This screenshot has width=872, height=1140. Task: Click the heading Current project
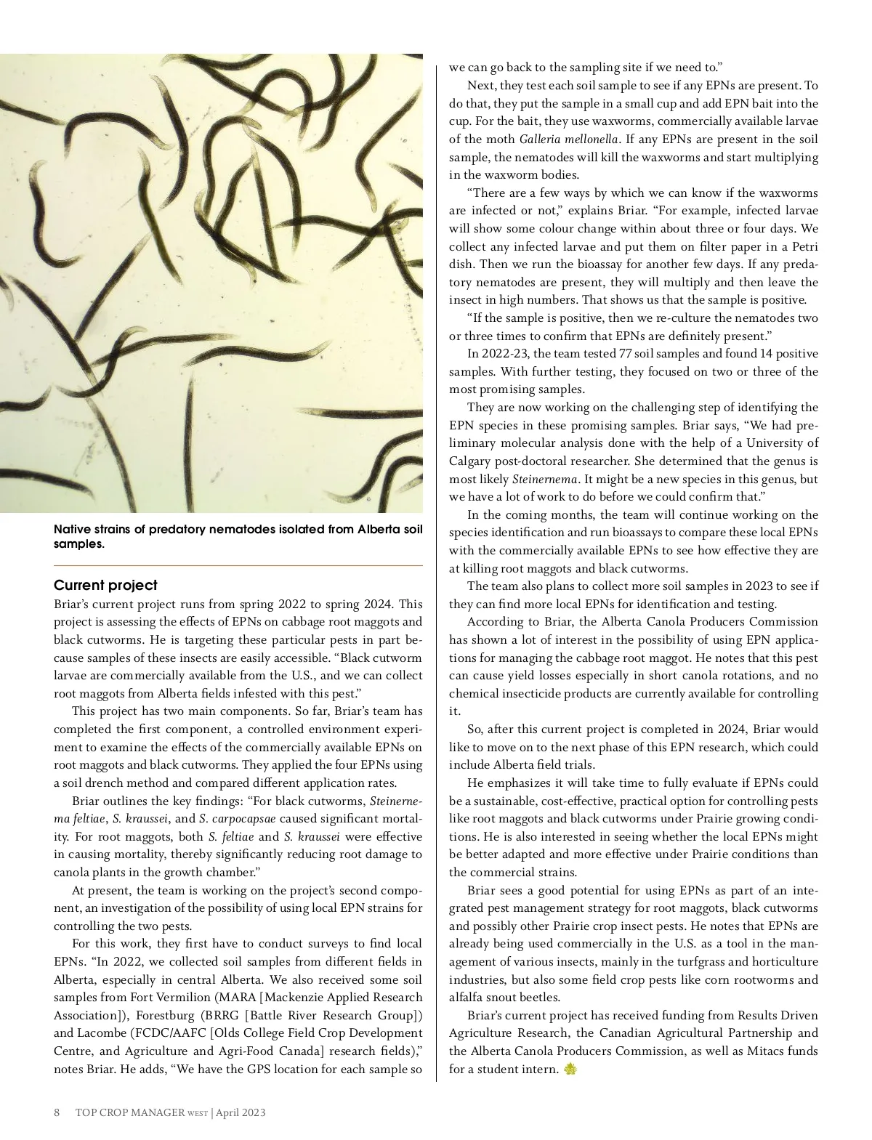point(105,586)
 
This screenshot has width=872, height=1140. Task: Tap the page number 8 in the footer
point(57,1112)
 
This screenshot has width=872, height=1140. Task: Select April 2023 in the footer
point(241,1112)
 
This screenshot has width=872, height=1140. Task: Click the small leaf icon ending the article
point(570,1070)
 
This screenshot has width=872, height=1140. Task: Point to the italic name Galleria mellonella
point(568,140)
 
